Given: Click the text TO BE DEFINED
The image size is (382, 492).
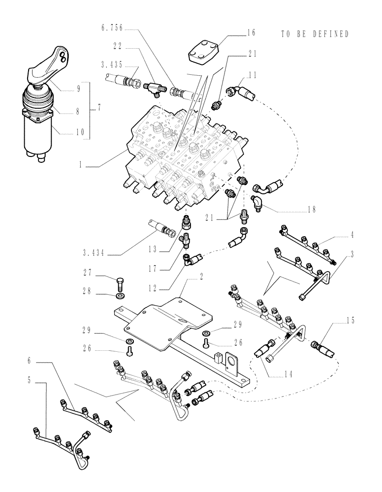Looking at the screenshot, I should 315,34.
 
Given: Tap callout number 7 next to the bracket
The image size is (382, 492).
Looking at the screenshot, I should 98,108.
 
